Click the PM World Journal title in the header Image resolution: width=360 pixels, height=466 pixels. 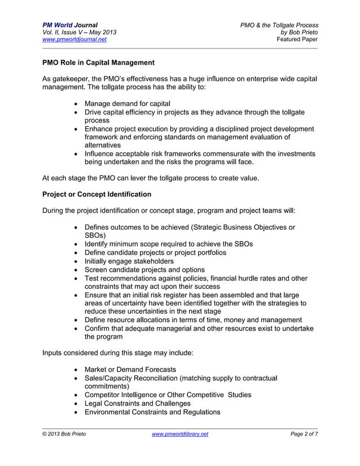70,25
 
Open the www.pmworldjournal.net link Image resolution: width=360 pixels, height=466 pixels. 74,39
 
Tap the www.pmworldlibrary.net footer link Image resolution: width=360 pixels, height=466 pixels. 180,433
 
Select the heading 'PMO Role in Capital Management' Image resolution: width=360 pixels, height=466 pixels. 98,61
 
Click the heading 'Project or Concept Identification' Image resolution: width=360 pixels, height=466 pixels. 96,194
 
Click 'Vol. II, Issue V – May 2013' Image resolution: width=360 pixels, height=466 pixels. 80,32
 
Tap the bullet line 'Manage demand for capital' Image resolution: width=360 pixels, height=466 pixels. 127,103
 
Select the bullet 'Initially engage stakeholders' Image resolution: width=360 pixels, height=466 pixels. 129,261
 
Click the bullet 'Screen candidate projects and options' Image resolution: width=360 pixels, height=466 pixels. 144,270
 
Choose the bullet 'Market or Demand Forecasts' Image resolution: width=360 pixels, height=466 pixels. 130,369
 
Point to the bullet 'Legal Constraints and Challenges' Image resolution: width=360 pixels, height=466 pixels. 137,403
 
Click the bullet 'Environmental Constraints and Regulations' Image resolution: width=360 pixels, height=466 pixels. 152,412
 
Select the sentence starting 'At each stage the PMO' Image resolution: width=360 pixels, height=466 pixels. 151,178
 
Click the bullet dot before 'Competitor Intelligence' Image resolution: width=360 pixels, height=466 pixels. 76,395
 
